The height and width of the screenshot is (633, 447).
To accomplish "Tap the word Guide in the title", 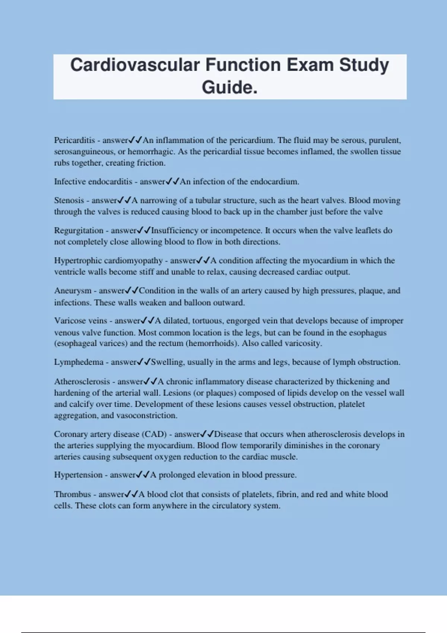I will pos(227,88).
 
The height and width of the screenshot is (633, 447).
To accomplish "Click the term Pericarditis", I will pos(74,140).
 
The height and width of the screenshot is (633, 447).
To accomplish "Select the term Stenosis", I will pos(69,200).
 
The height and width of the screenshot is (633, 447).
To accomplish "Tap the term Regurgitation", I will pos(79,230).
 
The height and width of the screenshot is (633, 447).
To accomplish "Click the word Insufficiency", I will pos(175,230).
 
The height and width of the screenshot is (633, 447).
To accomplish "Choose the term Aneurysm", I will pos(73,290).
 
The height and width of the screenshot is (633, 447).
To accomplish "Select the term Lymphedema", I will pos(79,362).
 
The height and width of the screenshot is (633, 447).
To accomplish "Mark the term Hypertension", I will pos(78,475).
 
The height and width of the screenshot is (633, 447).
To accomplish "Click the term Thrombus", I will pos(73,494).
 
